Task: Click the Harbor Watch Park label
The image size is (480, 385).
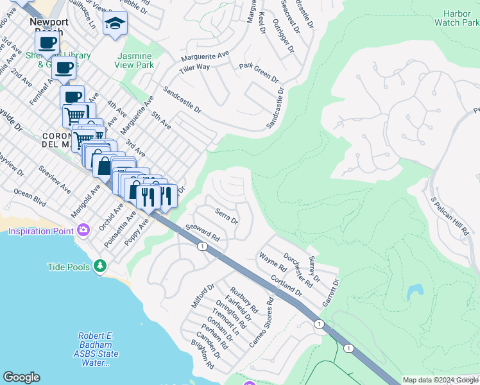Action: point(461,18)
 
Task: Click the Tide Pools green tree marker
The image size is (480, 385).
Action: point(99,266)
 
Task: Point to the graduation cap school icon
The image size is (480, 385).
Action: point(116,24)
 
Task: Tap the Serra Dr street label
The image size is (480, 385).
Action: point(227,216)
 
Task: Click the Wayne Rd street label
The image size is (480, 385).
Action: point(272,263)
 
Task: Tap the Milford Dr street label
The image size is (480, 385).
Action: point(203,296)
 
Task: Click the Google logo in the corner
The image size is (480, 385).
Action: point(22,377)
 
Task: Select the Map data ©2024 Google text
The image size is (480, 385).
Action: point(441,380)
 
